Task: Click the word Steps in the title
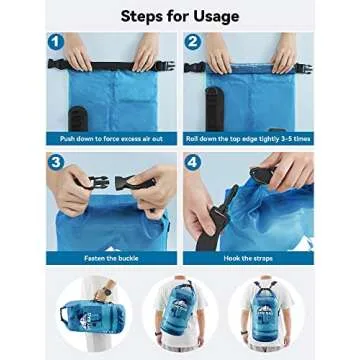[x=146, y=16]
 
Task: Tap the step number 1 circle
[x=58, y=44]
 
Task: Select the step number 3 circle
[x=58, y=164]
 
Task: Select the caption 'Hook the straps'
[x=248, y=258]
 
